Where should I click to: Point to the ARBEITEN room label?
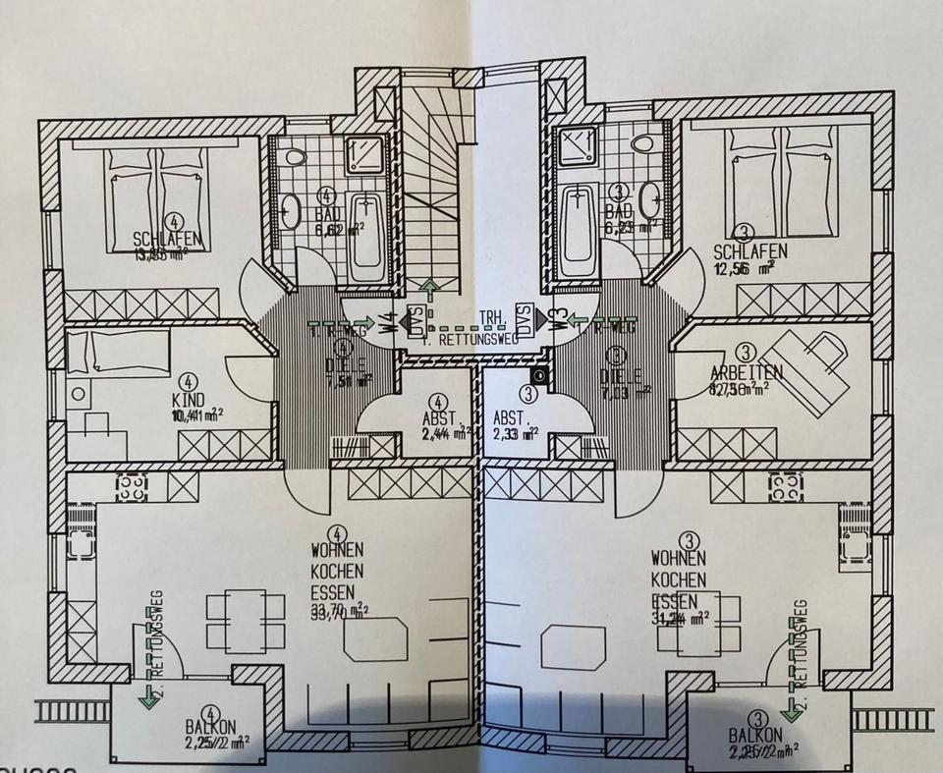747,372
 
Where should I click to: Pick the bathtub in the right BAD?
579,231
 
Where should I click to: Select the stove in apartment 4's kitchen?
130,484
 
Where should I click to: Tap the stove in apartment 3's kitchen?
786,484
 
